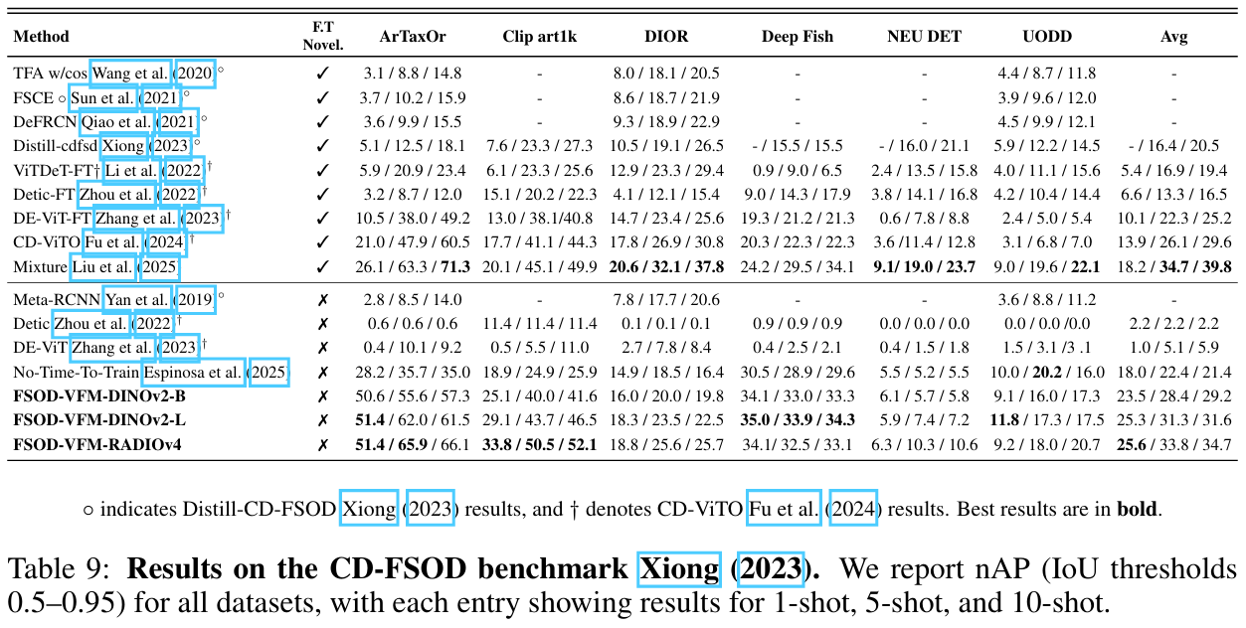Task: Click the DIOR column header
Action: click(666, 37)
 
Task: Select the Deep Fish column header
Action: click(798, 37)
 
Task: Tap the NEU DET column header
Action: click(924, 37)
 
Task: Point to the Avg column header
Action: click(1173, 37)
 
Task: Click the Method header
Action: click(41, 37)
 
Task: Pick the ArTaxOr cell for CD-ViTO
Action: click(413, 242)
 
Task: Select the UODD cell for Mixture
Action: click(1047, 266)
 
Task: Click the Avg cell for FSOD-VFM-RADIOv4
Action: click(1173, 444)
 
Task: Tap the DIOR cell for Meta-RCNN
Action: click(666, 300)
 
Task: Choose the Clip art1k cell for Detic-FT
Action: click(540, 195)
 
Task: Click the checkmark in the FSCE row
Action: click(322, 97)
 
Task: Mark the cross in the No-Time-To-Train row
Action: click(322, 373)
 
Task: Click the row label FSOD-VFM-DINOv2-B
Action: click(99, 396)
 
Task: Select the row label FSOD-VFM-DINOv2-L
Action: click(99, 420)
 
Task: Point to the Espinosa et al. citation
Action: click(193, 373)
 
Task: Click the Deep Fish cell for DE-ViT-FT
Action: click(798, 219)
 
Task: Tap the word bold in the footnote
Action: click(1139, 509)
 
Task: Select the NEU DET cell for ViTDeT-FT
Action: click(924, 171)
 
